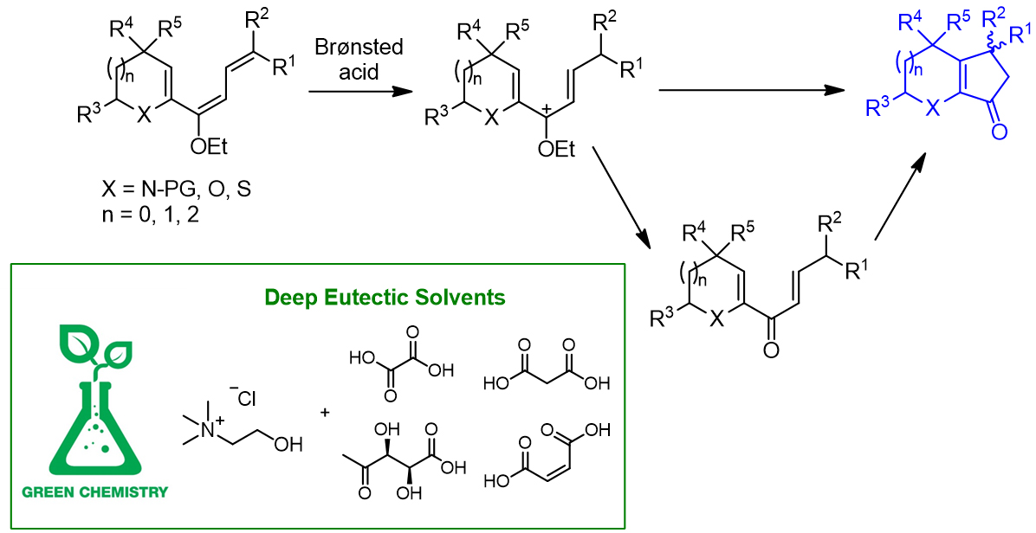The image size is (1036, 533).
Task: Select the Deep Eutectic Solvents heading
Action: pyautogui.click(x=385, y=299)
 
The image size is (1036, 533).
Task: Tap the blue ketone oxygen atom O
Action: pyautogui.click(x=999, y=132)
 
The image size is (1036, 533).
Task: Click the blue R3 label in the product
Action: pyautogui.click(x=878, y=107)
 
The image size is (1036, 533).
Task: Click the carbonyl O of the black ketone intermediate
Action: pyautogui.click(x=769, y=348)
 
